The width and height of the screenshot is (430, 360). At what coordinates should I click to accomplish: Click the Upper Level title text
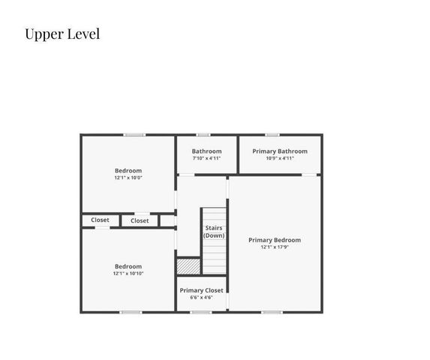pyautogui.click(x=62, y=34)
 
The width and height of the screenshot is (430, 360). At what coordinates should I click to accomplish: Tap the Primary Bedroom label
pyautogui.click(x=275, y=240)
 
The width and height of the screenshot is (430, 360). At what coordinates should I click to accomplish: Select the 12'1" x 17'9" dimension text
pyautogui.click(x=275, y=247)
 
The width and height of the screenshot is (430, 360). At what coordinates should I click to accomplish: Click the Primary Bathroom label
pyautogui.click(x=280, y=151)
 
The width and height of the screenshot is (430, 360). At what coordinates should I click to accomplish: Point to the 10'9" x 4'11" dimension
pyautogui.click(x=280, y=158)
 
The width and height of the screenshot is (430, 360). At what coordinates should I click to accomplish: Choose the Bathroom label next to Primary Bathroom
pyautogui.click(x=206, y=151)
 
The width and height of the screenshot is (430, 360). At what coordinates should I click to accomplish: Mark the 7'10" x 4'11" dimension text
pyautogui.click(x=206, y=158)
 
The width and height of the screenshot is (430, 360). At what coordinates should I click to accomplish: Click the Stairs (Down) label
pyautogui.click(x=213, y=232)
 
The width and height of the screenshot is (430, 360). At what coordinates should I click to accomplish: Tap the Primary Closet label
pyautogui.click(x=201, y=290)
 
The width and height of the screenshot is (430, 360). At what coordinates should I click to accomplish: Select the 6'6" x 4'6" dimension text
pyautogui.click(x=201, y=298)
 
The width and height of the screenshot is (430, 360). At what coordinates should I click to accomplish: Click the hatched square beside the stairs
pyautogui.click(x=188, y=266)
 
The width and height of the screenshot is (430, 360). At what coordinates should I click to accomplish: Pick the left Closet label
pyautogui.click(x=100, y=220)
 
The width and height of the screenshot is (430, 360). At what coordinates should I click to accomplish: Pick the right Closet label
pyautogui.click(x=140, y=221)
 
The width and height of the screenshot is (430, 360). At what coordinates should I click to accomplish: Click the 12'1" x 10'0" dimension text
pyautogui.click(x=128, y=178)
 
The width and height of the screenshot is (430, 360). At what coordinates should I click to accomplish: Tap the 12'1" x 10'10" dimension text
pyautogui.click(x=128, y=274)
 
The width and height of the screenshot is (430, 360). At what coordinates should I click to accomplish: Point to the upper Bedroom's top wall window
pyautogui.click(x=134, y=135)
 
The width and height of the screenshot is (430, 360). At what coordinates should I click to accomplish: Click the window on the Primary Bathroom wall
pyautogui.click(x=272, y=135)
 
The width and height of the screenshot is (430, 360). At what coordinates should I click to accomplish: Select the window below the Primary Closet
pyautogui.click(x=200, y=312)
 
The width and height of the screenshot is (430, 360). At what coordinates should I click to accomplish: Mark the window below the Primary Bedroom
pyautogui.click(x=272, y=312)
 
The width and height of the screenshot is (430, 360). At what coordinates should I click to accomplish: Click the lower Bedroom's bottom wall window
pyautogui.click(x=131, y=312)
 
